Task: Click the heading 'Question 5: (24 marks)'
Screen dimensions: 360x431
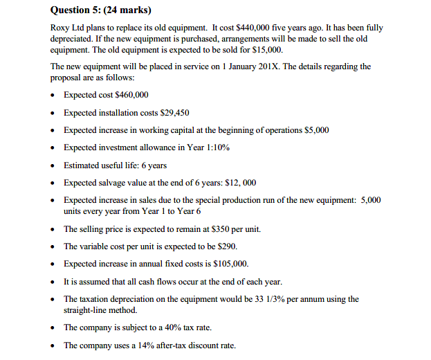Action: click(101, 10)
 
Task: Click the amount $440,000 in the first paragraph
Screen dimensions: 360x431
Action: click(223, 28)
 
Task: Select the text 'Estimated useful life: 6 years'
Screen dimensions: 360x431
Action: click(115, 165)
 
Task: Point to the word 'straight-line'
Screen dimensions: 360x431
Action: click(87, 309)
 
